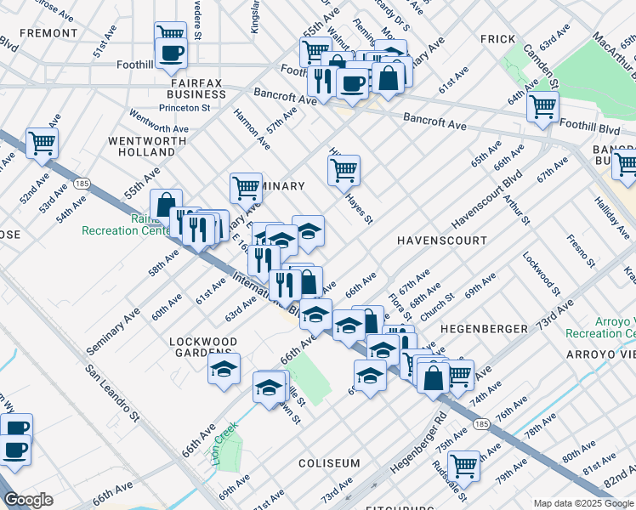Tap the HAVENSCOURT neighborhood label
tap(442, 241)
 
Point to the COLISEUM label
tap(329, 463)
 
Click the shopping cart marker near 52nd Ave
tap(42, 143)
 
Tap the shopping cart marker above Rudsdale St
tap(463, 465)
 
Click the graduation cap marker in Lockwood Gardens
tap(224, 369)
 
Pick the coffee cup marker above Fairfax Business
tap(171, 54)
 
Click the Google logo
tap(28, 500)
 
